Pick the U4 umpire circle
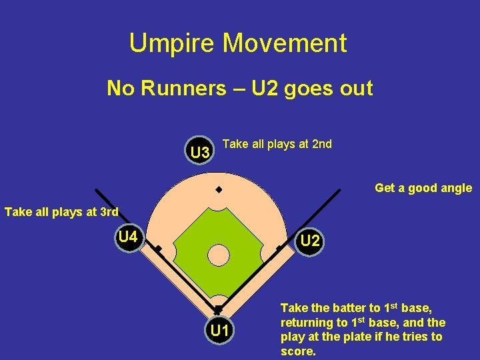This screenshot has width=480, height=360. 128,237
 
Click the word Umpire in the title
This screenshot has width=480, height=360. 172,43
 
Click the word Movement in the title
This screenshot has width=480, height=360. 285,43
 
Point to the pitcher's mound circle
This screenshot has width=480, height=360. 218,254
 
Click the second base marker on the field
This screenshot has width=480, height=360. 218,190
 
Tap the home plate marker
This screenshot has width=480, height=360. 218,308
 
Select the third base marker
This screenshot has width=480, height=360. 159,249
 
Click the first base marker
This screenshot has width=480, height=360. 278,249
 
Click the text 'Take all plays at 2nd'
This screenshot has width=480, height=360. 277,144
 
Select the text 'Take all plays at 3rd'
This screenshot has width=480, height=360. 61,213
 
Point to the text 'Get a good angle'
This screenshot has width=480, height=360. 423,188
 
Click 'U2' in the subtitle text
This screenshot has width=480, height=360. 267,88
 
